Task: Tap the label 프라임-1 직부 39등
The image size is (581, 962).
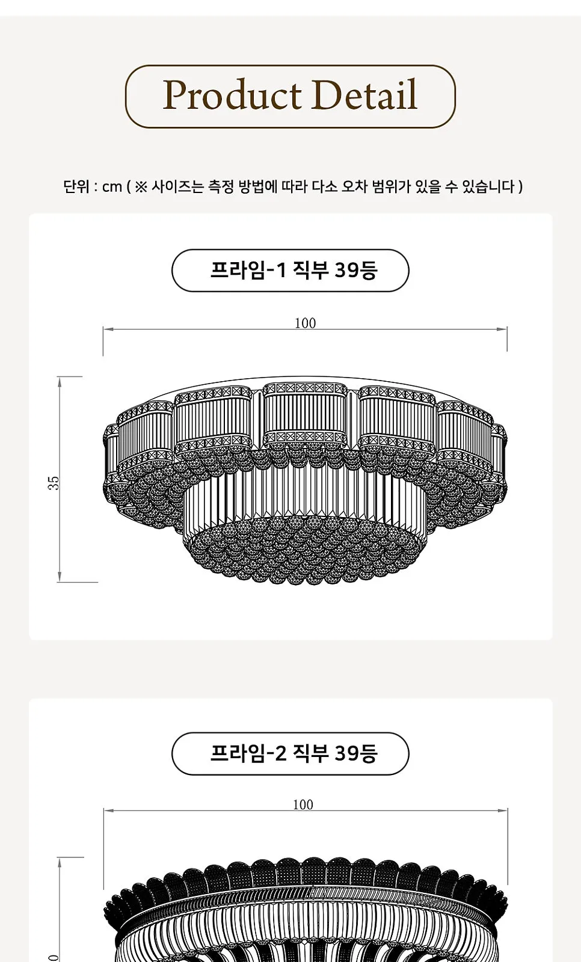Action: click(294, 271)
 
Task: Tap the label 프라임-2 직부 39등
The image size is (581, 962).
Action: click(294, 753)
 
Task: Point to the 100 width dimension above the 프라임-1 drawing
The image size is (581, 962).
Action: click(305, 323)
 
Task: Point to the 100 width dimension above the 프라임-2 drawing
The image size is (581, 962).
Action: click(303, 804)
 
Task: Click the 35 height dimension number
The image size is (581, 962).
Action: click(54, 483)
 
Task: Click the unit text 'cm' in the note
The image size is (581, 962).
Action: click(112, 187)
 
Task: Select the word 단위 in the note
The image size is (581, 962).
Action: click(76, 187)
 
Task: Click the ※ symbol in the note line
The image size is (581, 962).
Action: click(141, 187)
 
